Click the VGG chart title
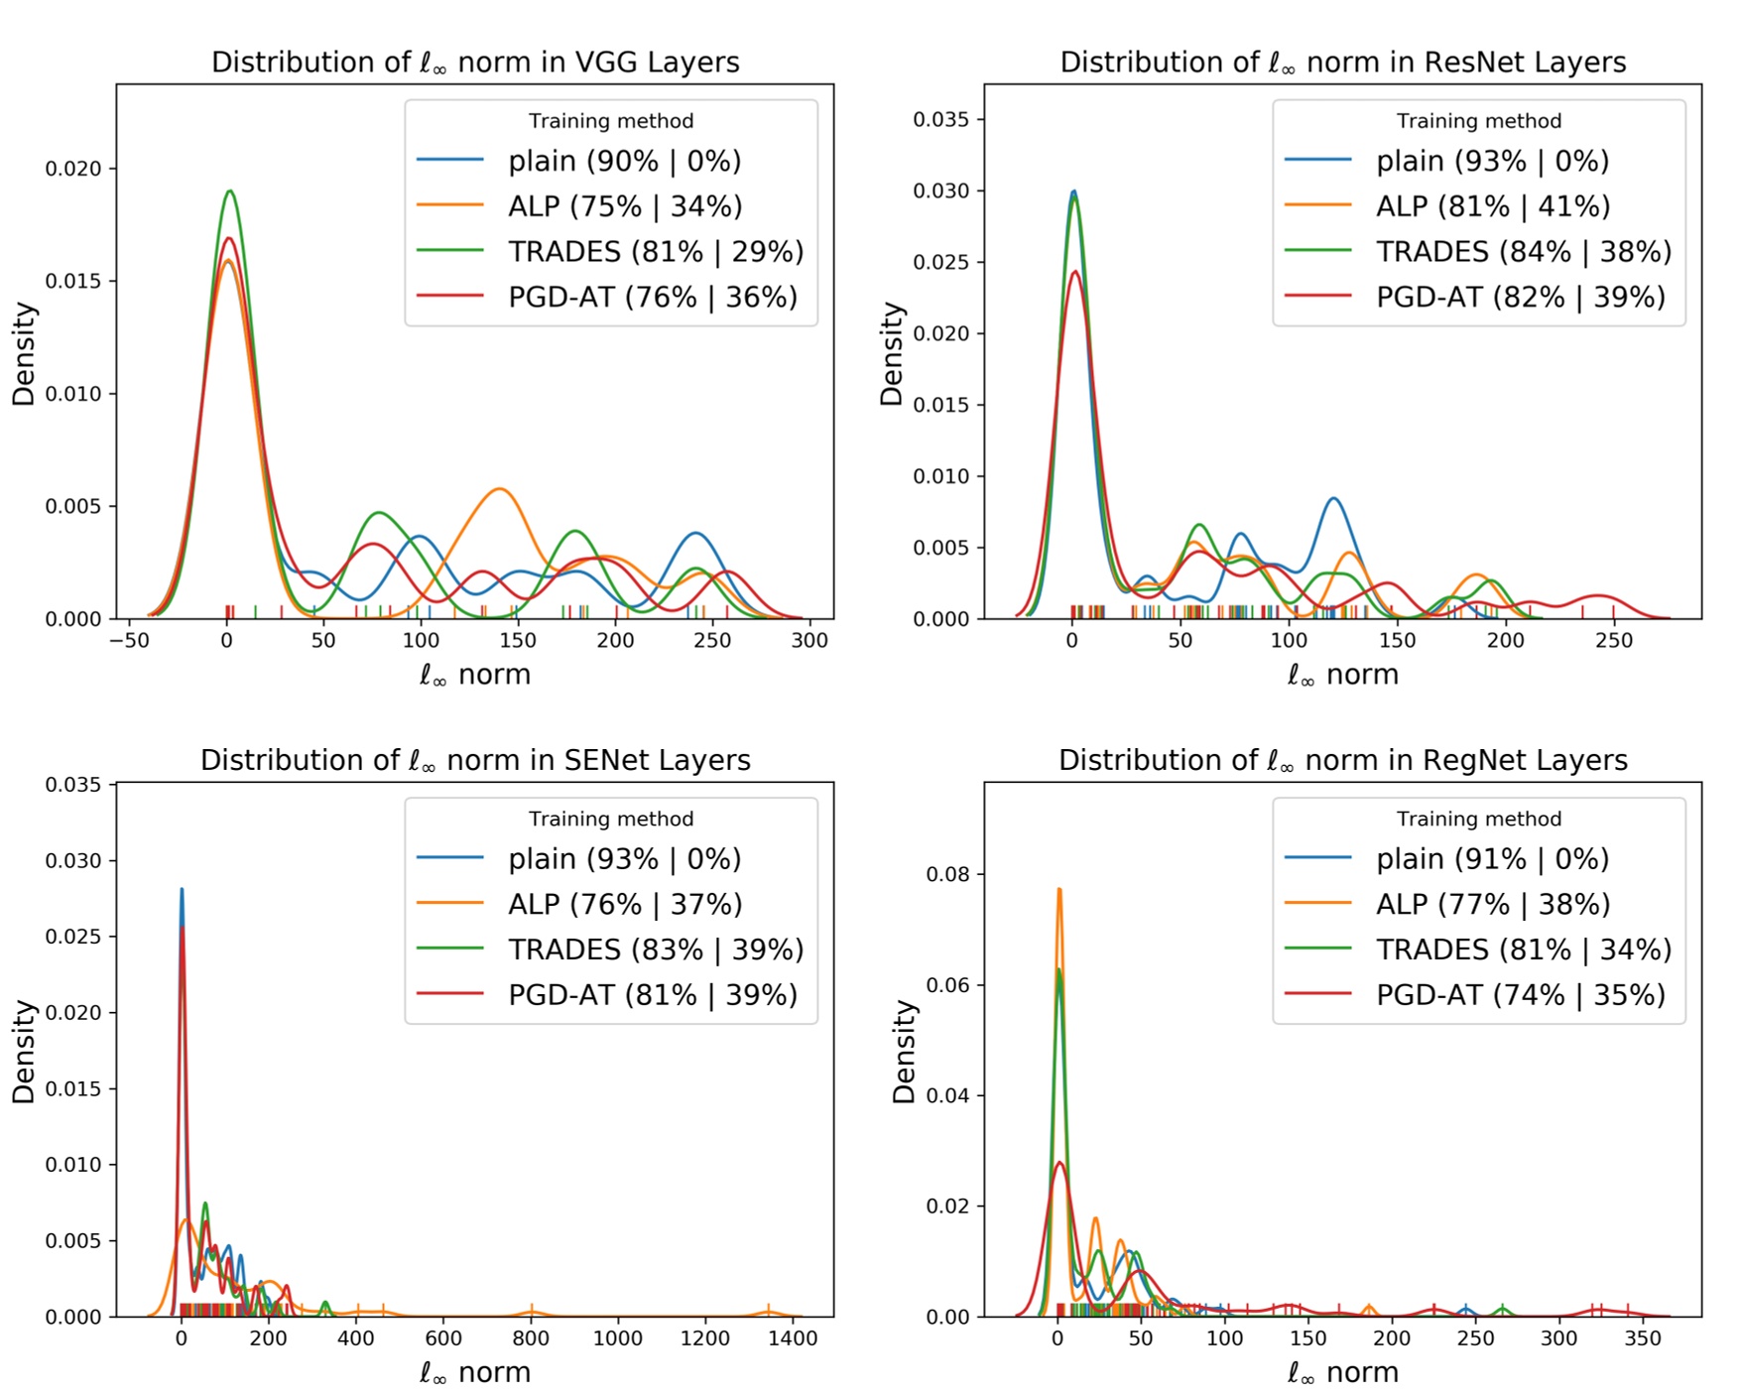475,62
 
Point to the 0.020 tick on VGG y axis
73,169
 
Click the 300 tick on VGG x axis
809,641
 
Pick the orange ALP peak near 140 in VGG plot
499,489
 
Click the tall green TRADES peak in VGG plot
229,191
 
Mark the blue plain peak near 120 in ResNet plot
1333,499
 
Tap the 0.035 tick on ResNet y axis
940,119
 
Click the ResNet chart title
1342,62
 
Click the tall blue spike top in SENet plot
182,890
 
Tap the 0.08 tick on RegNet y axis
947,874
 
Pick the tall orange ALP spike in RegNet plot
1058,890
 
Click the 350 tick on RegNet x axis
1643,1338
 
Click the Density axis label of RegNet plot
904,1052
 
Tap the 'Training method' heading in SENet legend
610,819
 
